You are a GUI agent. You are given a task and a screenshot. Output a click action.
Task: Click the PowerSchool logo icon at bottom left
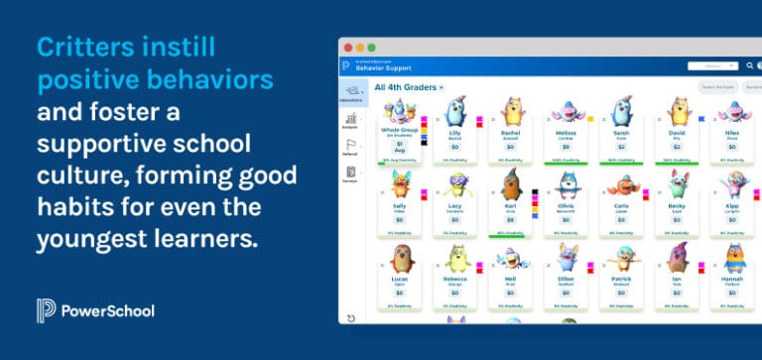[x=45, y=310]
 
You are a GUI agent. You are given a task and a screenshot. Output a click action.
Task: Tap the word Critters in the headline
[x=82, y=48]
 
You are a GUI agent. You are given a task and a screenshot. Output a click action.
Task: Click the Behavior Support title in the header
[x=383, y=68]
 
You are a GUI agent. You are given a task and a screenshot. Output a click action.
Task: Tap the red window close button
[x=347, y=48]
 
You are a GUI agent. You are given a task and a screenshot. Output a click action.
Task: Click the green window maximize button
[x=371, y=48]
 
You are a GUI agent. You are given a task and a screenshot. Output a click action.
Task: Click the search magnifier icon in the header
[x=749, y=66]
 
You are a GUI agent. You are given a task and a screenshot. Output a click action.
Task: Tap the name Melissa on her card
[x=566, y=131]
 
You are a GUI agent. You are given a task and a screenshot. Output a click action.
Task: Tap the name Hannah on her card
[x=732, y=279]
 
